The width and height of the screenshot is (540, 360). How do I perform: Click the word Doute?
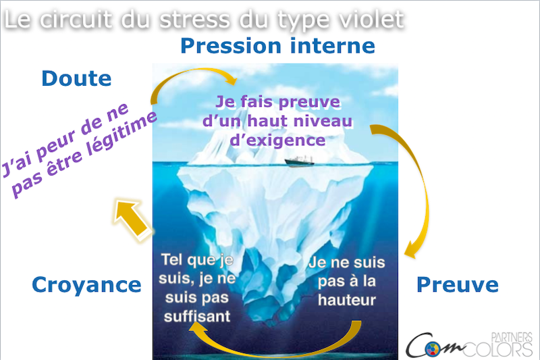coord(76,78)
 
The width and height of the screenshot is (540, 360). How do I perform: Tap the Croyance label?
coord(86,284)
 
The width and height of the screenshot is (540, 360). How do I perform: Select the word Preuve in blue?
coord(458,284)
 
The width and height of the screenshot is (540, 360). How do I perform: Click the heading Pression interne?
coord(277,46)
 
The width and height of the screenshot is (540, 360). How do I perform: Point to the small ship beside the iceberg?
coord(299,161)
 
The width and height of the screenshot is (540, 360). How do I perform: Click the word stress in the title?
coord(195,20)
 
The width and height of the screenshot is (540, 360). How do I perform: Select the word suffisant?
coord(197,317)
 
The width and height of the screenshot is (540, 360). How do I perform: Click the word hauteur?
coord(347,300)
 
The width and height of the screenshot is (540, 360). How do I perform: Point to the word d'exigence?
coord(277,140)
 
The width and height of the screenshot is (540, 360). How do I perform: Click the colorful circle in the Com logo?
coord(432,349)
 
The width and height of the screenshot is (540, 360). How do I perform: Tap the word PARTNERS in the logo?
coord(512,337)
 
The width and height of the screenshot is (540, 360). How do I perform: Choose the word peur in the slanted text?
coord(55,145)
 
